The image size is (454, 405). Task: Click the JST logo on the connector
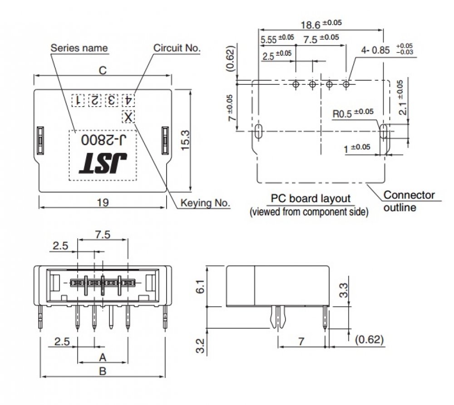103,163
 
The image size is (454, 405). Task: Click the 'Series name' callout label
79,48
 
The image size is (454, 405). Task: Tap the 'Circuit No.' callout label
177,48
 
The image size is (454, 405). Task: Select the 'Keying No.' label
205,203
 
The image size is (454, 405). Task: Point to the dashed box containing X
129,117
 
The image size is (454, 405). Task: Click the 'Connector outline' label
409,201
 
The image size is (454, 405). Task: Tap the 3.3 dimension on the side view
344,290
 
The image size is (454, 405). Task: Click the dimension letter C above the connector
103,70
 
